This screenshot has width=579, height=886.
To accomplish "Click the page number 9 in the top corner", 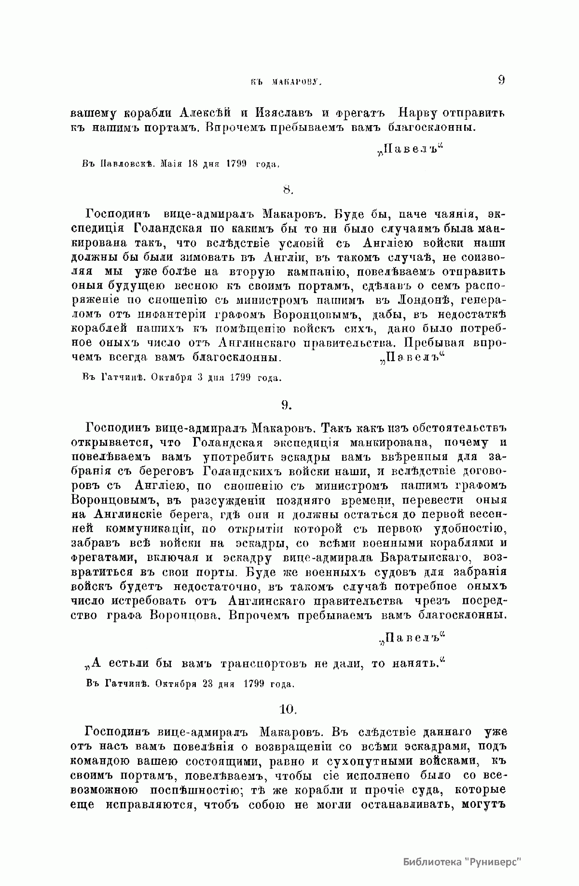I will (500, 80).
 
